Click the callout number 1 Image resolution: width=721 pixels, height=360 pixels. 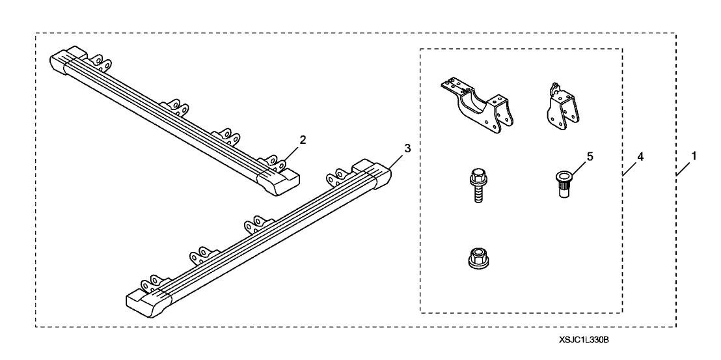pyautogui.click(x=694, y=157)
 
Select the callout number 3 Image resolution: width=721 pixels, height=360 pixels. pyautogui.click(x=407, y=148)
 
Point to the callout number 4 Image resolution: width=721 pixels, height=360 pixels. pyautogui.click(x=640, y=157)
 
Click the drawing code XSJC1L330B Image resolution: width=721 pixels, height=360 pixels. pyautogui.click(x=587, y=340)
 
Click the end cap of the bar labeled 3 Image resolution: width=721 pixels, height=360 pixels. pyautogui.click(x=379, y=176)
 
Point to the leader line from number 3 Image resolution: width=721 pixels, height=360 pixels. pyautogui.click(x=398, y=158)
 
